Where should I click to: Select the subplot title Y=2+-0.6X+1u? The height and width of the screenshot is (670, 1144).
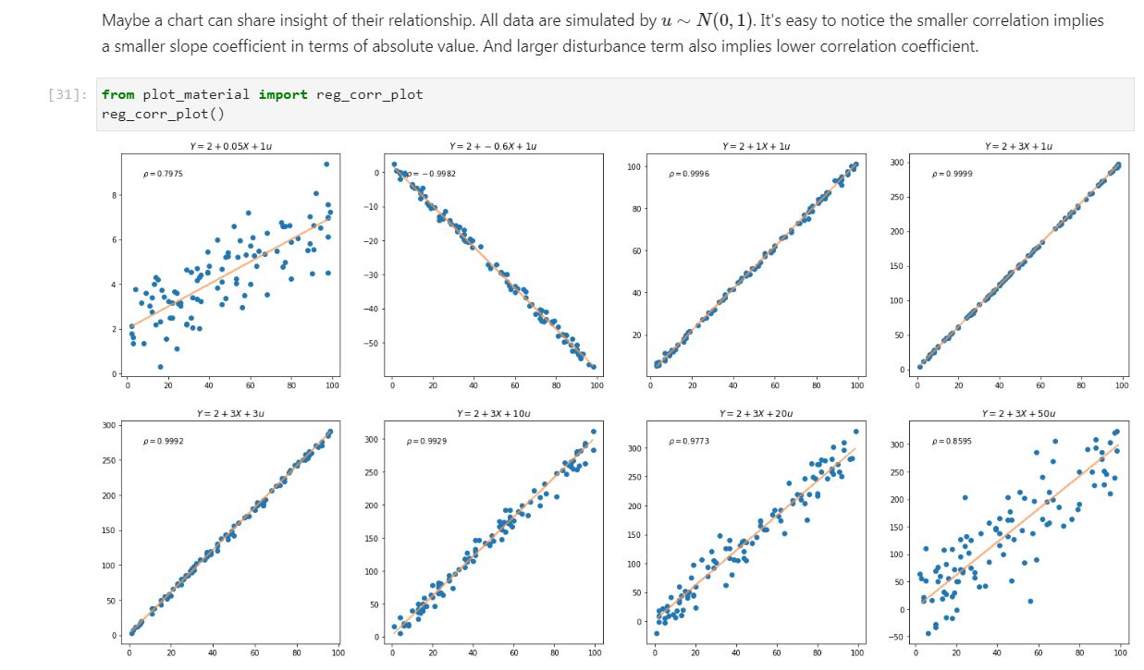coord(493,146)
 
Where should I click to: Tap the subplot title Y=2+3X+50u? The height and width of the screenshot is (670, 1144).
coord(1018,412)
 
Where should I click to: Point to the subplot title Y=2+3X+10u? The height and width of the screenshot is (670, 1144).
coord(493,412)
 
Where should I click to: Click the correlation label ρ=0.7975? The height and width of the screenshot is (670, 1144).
coord(163,174)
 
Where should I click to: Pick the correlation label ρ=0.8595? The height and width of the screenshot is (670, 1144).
coord(953,441)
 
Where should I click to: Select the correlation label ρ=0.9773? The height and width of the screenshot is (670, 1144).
coord(688,441)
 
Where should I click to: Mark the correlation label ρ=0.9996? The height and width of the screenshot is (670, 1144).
coord(690,174)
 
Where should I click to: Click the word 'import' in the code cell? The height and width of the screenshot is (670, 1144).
coord(282,94)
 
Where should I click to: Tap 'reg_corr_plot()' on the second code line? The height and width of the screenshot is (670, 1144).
coord(163,114)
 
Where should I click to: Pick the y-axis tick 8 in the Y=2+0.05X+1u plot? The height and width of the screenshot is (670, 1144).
coord(115,195)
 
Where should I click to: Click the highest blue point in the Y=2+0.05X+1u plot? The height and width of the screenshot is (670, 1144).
coord(326,164)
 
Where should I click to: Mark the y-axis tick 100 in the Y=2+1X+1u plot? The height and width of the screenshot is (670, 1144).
coord(634,167)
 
